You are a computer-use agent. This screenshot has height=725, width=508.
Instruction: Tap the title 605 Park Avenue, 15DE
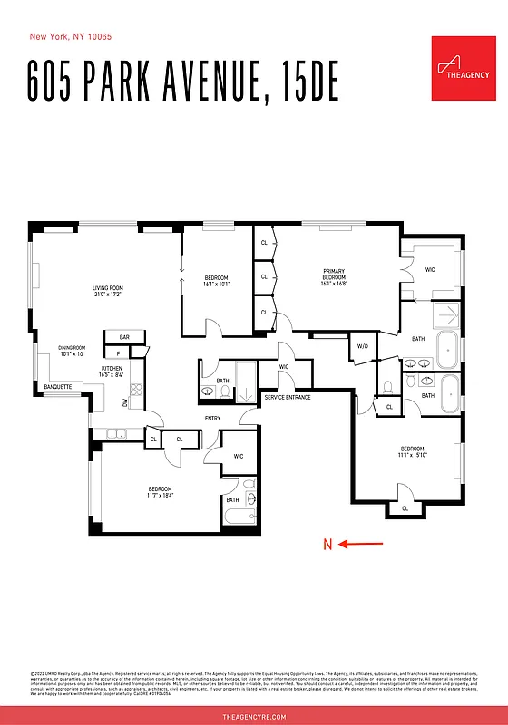(182, 82)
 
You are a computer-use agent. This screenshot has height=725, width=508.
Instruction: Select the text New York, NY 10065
(72, 37)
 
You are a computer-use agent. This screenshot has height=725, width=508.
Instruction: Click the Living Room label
(107, 291)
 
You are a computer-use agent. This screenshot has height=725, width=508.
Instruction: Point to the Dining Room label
(71, 350)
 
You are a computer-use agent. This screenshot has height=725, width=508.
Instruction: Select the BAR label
(124, 337)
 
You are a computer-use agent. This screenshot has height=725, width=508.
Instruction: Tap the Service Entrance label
(287, 398)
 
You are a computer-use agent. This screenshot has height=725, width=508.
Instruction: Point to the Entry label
(212, 418)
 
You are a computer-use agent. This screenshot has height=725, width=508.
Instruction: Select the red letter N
(328, 545)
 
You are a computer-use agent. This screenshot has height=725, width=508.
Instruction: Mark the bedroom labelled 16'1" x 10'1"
(216, 280)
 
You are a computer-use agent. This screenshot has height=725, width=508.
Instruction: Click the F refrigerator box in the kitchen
(118, 353)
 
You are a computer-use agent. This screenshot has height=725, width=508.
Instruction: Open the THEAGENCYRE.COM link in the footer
(254, 716)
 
